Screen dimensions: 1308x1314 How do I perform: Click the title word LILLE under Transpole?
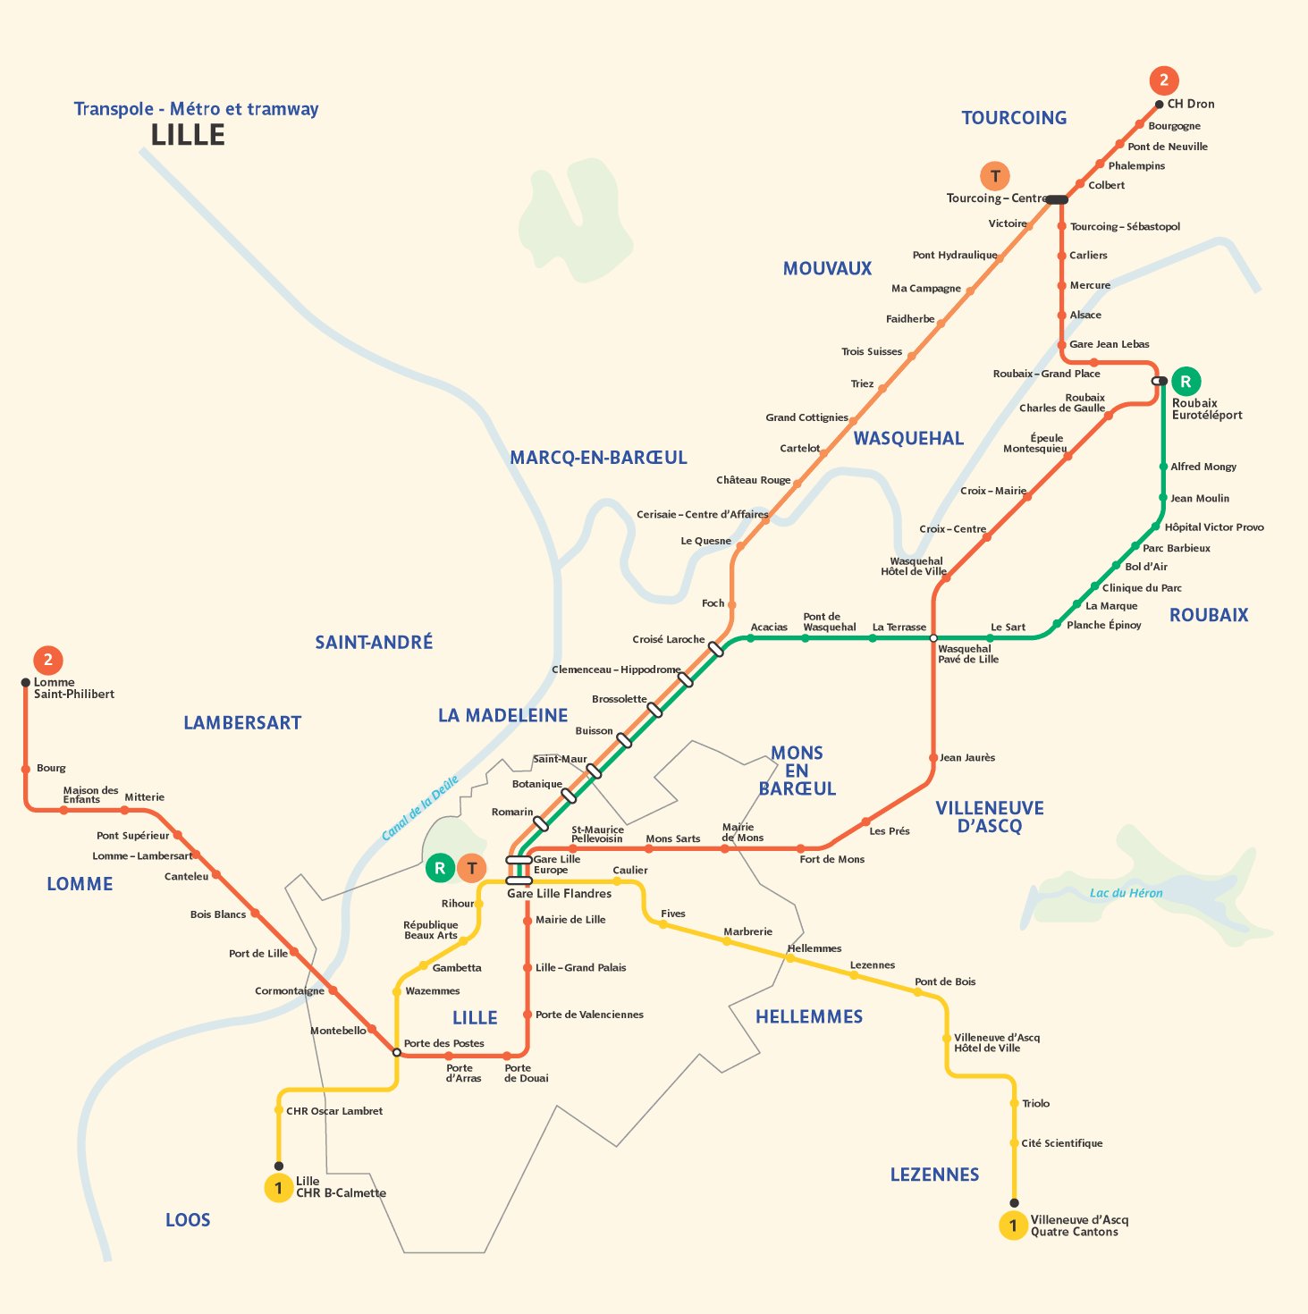[x=188, y=135]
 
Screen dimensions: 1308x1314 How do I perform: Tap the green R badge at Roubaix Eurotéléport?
[x=1186, y=381]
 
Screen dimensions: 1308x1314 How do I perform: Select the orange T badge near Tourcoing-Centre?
[x=995, y=176]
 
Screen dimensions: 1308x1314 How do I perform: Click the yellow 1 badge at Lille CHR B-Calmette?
[x=278, y=1188]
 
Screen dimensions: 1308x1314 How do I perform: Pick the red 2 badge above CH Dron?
[x=1163, y=80]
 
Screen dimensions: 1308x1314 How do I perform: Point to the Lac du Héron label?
[x=1126, y=893]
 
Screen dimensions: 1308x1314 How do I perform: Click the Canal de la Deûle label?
[x=419, y=808]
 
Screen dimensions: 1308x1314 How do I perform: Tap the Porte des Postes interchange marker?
[x=397, y=1052]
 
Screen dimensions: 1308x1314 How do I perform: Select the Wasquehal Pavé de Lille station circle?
[x=933, y=638]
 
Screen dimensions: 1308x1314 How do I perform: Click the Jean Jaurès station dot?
[x=933, y=758]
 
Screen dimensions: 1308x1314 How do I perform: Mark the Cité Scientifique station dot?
[x=1014, y=1143]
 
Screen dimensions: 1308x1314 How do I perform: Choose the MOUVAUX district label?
[x=827, y=269]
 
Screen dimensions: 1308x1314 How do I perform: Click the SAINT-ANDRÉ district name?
[x=374, y=642]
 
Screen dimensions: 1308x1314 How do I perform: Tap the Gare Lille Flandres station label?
[x=559, y=893]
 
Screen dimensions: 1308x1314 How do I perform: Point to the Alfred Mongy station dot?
[x=1163, y=467]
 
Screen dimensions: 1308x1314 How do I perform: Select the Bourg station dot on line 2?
[x=26, y=769]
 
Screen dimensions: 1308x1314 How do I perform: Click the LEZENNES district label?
[x=934, y=1175]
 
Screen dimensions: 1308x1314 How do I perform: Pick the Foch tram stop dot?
[x=731, y=605]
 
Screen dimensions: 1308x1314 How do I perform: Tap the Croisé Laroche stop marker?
[x=716, y=649]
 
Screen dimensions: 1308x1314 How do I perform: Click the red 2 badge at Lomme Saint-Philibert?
[x=47, y=660]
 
